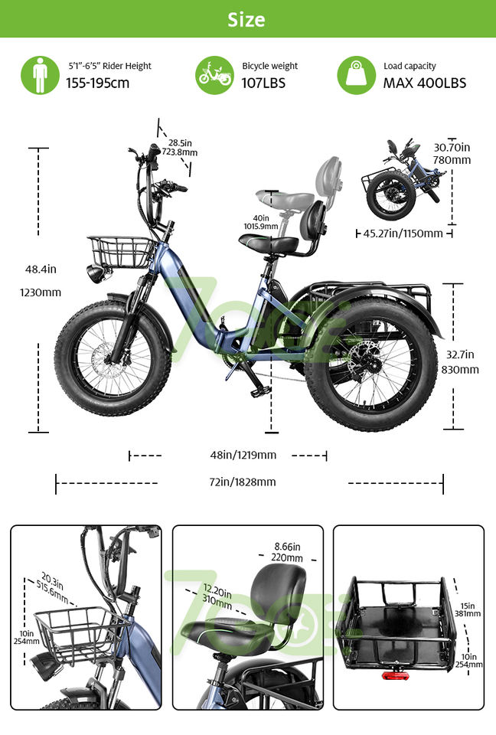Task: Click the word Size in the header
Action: pyautogui.click(x=246, y=19)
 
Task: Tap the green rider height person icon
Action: pyautogui.click(x=40, y=75)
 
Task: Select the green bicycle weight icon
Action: pyautogui.click(x=214, y=75)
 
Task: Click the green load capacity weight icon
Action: pyautogui.click(x=357, y=75)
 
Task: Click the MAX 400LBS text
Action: pyautogui.click(x=424, y=83)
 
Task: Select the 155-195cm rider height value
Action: pyautogui.click(x=97, y=83)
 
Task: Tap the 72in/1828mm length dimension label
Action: pyautogui.click(x=243, y=482)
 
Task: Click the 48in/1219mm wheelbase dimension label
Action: pyautogui.click(x=243, y=455)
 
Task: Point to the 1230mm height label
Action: pyautogui.click(x=43, y=292)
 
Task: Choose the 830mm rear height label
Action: pyautogui.click(x=459, y=370)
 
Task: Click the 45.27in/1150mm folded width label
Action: pyautogui.click(x=403, y=233)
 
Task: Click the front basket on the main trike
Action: pyautogui.click(x=121, y=251)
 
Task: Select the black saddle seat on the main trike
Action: pyautogui.click(x=268, y=243)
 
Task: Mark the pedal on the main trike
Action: pyautogui.click(x=260, y=391)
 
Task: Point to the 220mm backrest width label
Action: pyautogui.click(x=287, y=558)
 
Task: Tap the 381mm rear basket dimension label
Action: pyautogui.click(x=468, y=612)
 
